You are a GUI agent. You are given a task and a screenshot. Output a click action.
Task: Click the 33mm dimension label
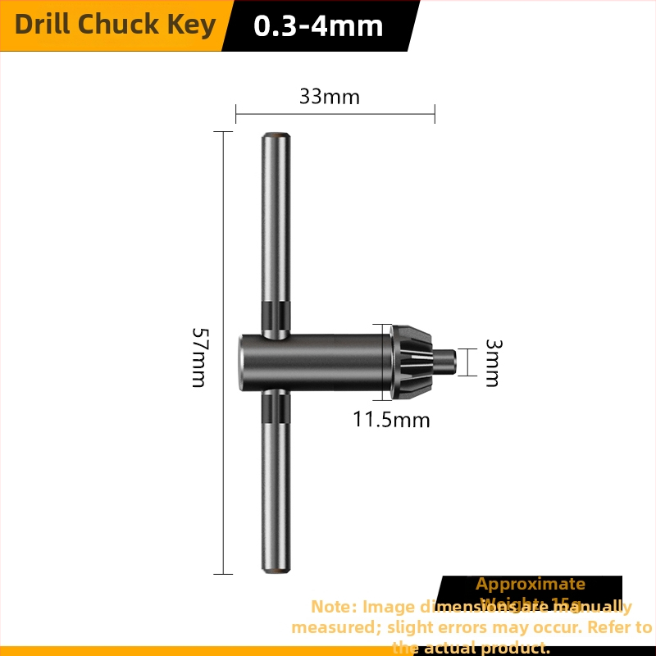coord(330,97)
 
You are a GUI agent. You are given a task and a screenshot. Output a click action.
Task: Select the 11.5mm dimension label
coord(391,421)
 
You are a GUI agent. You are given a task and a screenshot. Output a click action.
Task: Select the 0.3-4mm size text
coord(319,26)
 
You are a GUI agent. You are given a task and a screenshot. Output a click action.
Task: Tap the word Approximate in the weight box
coord(531,584)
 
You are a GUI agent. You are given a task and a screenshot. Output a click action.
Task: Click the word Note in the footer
coord(332,607)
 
